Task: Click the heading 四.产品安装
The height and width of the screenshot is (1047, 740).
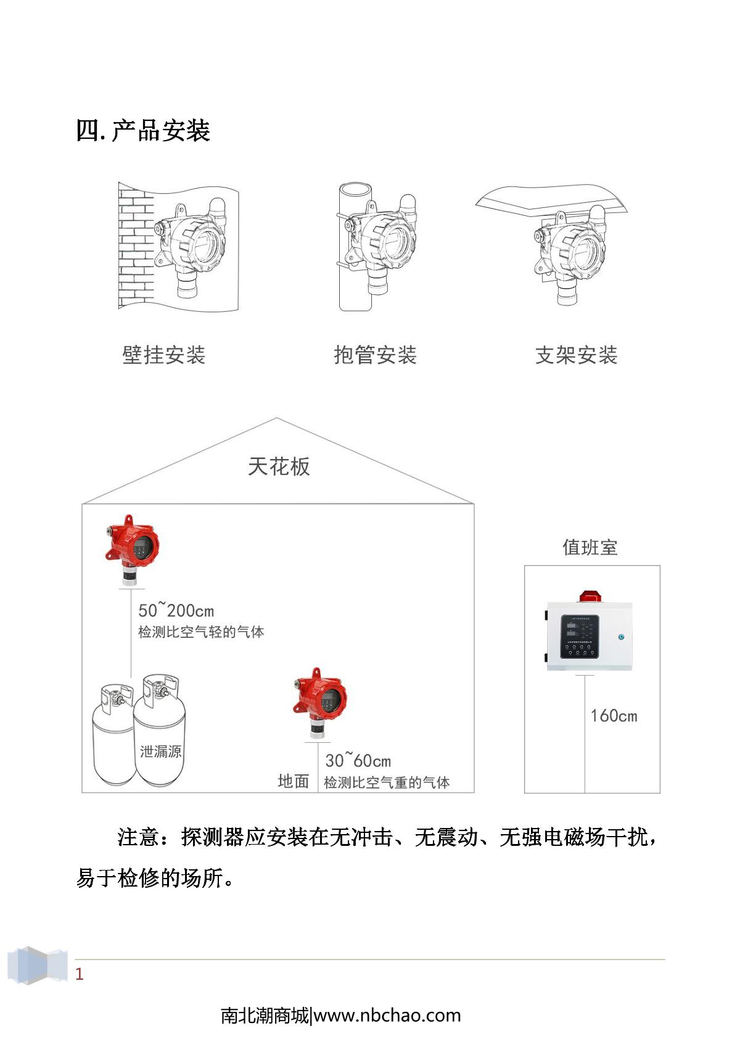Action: coord(143,131)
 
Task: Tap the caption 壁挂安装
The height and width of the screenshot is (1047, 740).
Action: coord(163,355)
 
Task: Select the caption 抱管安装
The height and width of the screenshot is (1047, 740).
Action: coord(375,355)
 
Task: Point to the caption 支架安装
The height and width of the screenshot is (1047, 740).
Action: coord(576,355)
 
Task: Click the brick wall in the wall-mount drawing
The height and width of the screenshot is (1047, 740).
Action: coord(135,247)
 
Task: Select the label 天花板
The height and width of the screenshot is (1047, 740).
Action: coord(279,466)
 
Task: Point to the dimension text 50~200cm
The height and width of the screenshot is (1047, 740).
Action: coord(176,610)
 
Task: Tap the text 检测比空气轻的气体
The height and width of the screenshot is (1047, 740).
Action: coord(201,632)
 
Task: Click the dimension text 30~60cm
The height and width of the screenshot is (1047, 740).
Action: coord(358,760)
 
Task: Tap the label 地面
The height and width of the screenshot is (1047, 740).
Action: coord(293,781)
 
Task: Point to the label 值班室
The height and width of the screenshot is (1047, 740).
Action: coord(590,547)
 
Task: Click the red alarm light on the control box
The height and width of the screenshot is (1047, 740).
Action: coord(591,596)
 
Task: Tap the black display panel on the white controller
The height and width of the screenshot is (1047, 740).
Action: coord(580,636)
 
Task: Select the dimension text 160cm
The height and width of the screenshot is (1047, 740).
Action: coord(614,716)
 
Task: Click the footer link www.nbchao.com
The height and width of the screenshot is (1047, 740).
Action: coord(387,1016)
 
